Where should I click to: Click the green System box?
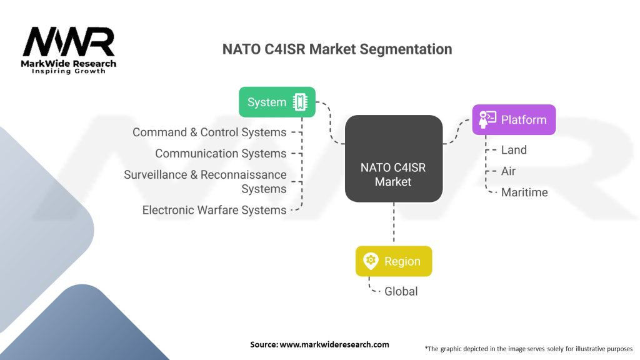pyautogui.click(x=277, y=102)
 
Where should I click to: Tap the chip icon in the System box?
pyautogui.click(x=300, y=102)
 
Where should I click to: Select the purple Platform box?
pyautogui.click(x=513, y=119)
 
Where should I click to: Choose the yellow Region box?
pyautogui.click(x=393, y=261)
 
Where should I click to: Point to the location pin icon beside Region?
pyautogui.click(x=370, y=261)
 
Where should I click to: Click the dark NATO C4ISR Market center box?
pyautogui.click(x=393, y=159)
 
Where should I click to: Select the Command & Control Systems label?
pyautogui.click(x=209, y=132)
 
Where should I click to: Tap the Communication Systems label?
pyautogui.click(x=221, y=154)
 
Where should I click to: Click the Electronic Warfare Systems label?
pyautogui.click(x=214, y=210)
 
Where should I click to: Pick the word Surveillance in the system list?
pyautogui.click(x=159, y=175)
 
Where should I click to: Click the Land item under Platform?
pyautogui.click(x=514, y=150)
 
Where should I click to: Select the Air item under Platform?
pyautogui.click(x=508, y=171)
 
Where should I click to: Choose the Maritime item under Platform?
pyautogui.click(x=524, y=192)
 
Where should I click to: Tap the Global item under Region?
pyautogui.click(x=401, y=291)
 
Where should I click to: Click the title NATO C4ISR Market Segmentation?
pyautogui.click(x=337, y=49)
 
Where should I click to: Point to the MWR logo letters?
pyautogui.click(x=69, y=42)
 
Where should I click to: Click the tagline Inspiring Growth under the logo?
pyautogui.click(x=69, y=71)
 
